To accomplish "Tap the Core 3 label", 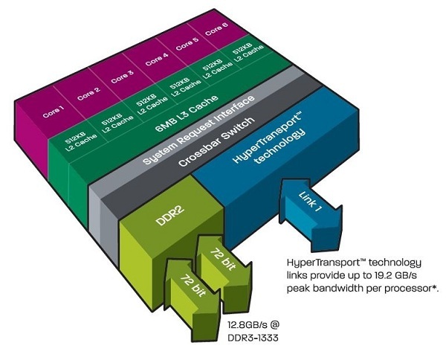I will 121,76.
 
